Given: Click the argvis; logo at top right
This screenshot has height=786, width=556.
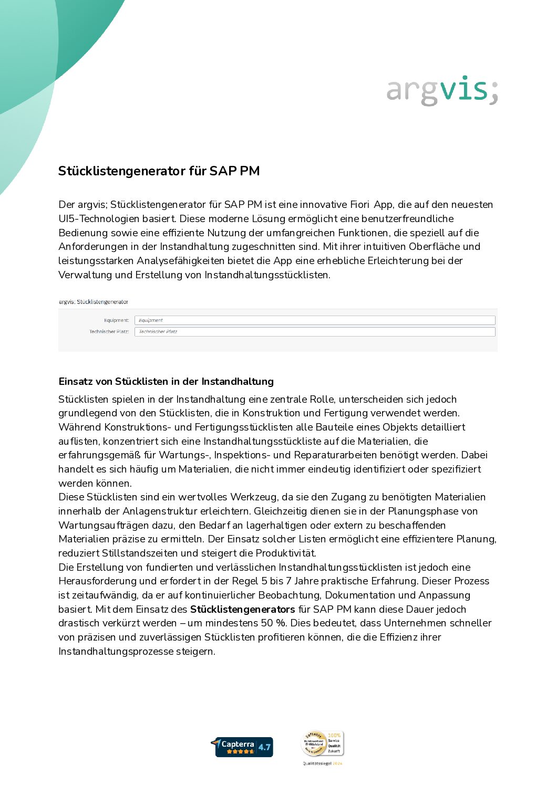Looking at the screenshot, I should click(x=442, y=91).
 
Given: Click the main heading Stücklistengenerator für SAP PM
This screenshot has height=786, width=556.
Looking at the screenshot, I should click(x=159, y=171).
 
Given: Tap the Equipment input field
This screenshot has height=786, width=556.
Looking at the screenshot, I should click(x=314, y=320).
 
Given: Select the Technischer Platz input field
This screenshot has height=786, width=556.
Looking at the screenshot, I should click(x=314, y=332).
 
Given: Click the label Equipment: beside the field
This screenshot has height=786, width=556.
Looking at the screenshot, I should click(x=116, y=320).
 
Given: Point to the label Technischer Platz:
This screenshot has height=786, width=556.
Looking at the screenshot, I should click(x=109, y=332).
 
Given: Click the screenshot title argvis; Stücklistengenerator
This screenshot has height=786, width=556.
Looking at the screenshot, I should click(x=94, y=302).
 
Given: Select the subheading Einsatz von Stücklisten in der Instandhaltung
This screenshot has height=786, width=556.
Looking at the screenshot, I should click(x=166, y=382).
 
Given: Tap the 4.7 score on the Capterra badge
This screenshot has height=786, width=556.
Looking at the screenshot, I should click(x=264, y=747).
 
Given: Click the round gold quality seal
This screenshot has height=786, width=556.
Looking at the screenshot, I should click(x=314, y=744).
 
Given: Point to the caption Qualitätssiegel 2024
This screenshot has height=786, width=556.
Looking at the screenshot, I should click(x=322, y=763).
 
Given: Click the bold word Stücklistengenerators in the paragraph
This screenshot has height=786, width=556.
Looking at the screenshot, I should click(x=242, y=610).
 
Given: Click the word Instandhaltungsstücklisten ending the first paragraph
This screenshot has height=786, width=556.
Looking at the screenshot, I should click(x=266, y=275).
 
